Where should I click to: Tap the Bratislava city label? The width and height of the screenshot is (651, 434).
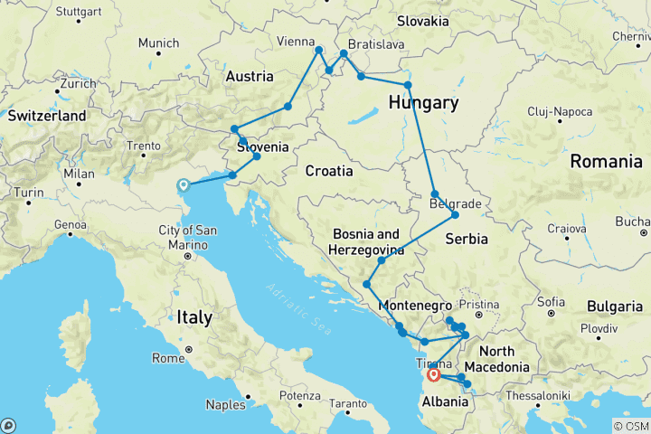click(x=375, y=43)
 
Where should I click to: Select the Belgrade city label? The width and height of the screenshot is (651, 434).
click(x=456, y=204)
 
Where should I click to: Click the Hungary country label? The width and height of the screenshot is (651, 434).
click(x=423, y=102)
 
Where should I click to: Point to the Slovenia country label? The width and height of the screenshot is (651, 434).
click(x=263, y=146)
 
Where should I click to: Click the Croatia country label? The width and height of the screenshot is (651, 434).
click(x=328, y=170)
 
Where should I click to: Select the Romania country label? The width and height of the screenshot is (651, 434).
click(x=606, y=162)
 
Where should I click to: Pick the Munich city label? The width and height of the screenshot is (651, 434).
click(x=158, y=42)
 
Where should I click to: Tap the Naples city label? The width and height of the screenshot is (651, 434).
click(x=227, y=404)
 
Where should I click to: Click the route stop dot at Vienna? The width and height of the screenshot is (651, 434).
click(x=319, y=50)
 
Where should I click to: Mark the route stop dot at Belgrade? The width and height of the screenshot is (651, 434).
click(x=455, y=215)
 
